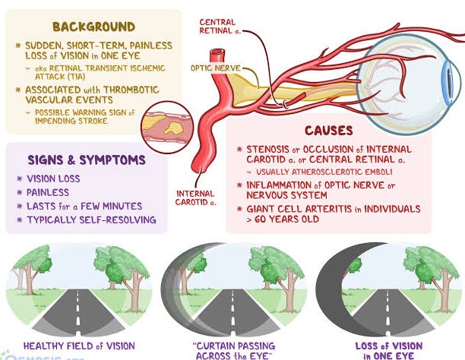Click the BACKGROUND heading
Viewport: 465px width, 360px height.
[x=93, y=27]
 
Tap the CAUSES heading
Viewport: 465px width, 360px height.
[x=329, y=131]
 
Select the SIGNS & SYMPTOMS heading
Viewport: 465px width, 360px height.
[x=87, y=159]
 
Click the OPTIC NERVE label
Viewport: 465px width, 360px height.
[x=216, y=68]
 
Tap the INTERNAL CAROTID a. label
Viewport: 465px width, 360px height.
[x=195, y=198]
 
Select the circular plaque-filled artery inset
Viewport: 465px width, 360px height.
[x=167, y=128]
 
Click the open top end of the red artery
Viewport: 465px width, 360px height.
[x=217, y=52]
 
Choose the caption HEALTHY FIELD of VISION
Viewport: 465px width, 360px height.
[x=79, y=346]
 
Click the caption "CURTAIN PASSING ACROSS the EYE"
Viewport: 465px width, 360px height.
[x=234, y=351]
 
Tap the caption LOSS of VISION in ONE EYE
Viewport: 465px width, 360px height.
[x=389, y=351]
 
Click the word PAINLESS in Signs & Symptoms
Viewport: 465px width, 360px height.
[x=48, y=192]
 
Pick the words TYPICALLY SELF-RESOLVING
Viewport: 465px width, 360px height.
[x=91, y=219]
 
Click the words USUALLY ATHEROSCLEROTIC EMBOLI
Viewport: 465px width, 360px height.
[x=324, y=172]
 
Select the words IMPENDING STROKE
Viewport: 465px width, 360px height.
[x=71, y=121]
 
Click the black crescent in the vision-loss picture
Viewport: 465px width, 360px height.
[x=330, y=285]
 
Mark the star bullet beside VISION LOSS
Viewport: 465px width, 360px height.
[x=20, y=178]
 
